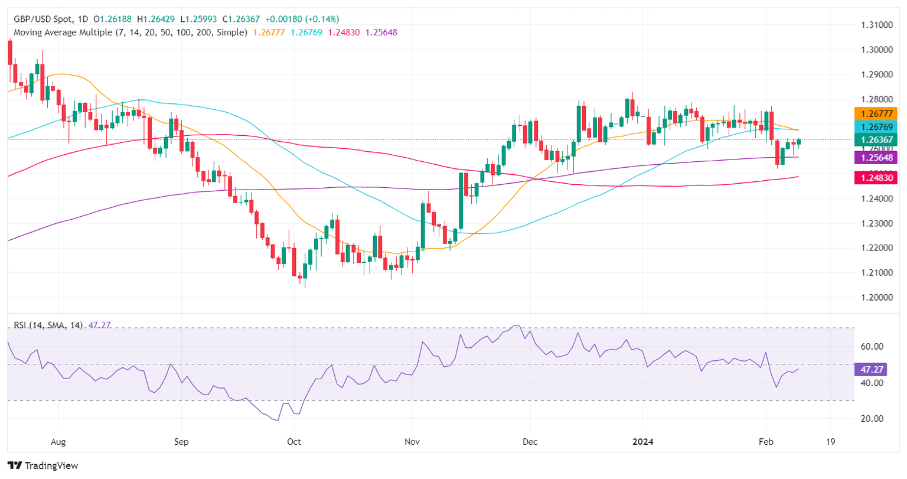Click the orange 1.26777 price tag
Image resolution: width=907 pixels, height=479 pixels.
point(876,114)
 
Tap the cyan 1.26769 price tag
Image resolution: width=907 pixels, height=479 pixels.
point(876,127)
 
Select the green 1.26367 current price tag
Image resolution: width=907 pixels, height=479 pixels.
point(876,140)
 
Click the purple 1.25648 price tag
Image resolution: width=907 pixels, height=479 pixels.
point(876,157)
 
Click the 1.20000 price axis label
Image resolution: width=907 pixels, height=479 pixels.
point(875,298)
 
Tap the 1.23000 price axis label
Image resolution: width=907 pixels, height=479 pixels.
point(875,223)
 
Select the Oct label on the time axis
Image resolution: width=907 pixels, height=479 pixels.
point(293,442)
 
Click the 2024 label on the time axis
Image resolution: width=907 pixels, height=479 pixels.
point(642,442)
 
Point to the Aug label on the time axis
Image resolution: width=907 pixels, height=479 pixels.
point(58,442)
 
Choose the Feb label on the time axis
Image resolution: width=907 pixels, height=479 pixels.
point(766,442)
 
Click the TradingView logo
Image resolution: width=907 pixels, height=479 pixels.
point(43,465)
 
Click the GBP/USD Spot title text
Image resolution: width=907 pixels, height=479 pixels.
point(38,19)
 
